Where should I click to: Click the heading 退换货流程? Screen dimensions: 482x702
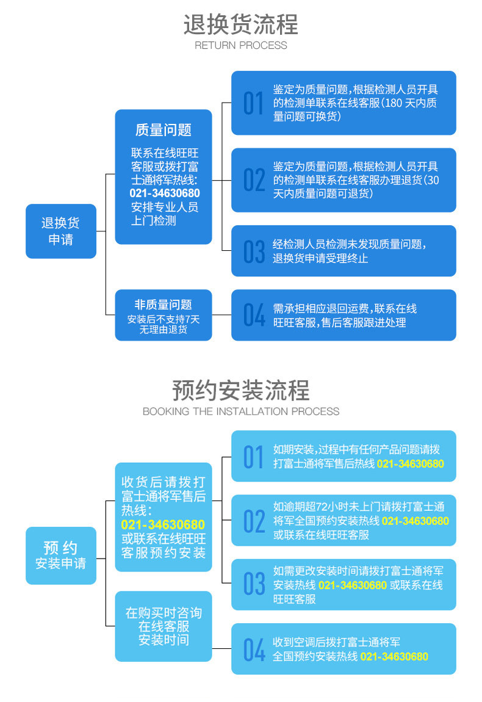tap(241, 24)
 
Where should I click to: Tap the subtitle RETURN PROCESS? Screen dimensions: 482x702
tap(241, 45)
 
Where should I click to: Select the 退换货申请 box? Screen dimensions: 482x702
tap(61, 231)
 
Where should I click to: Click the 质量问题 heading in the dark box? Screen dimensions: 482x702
tap(164, 130)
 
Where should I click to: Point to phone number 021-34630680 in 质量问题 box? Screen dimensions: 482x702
tap(165, 194)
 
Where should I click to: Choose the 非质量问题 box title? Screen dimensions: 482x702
tap(164, 305)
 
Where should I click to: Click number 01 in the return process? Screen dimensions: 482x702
tap(253, 103)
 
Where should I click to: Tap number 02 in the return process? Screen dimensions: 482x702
tap(254, 181)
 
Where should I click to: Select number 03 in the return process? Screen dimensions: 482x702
tap(254, 251)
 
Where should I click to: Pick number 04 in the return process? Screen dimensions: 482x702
tap(254, 315)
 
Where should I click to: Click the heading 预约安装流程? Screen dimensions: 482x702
tap(241, 391)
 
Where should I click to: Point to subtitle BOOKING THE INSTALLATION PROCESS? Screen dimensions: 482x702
tap(241, 411)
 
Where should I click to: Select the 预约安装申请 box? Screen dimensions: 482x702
tap(61, 555)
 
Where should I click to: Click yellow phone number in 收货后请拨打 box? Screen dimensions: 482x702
tap(163, 525)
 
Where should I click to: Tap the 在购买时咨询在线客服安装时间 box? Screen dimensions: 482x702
tap(164, 626)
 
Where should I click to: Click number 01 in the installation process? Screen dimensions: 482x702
tap(253, 457)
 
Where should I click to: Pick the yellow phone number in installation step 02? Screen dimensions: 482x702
tap(415, 521)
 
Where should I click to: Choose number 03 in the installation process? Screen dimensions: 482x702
tap(254, 584)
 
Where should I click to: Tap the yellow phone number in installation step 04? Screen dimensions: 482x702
tap(394, 657)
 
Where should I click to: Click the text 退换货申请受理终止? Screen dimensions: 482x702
tap(320, 258)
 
